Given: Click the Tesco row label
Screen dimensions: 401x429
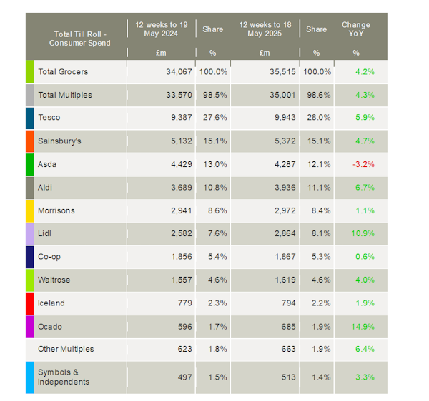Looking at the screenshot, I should point(49,118).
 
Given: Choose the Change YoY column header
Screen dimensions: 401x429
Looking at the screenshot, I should point(356,29).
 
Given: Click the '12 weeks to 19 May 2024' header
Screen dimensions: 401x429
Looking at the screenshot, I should point(160,29).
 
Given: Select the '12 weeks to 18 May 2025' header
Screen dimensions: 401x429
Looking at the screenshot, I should point(265,29).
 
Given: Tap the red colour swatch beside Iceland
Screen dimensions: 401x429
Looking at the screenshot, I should point(29,303).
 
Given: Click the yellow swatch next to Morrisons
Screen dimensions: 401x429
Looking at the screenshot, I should point(29,211).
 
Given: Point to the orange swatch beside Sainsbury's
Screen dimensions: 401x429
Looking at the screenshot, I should point(29,141).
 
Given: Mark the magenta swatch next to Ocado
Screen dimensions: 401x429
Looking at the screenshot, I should point(29,327).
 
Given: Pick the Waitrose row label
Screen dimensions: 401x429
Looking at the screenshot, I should point(54,280).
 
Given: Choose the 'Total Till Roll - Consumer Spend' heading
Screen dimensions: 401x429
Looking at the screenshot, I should point(80,39).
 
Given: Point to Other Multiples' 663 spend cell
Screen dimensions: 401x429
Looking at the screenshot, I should point(287,350).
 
